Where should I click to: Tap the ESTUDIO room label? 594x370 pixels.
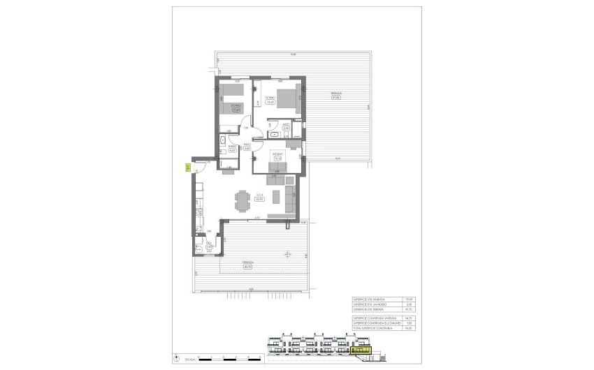(277, 156)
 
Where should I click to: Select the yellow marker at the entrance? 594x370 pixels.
(188, 167)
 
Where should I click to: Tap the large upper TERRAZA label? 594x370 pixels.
(335, 96)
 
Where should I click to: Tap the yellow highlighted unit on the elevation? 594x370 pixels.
(361, 346)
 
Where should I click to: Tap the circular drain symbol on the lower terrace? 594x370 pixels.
(287, 255)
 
